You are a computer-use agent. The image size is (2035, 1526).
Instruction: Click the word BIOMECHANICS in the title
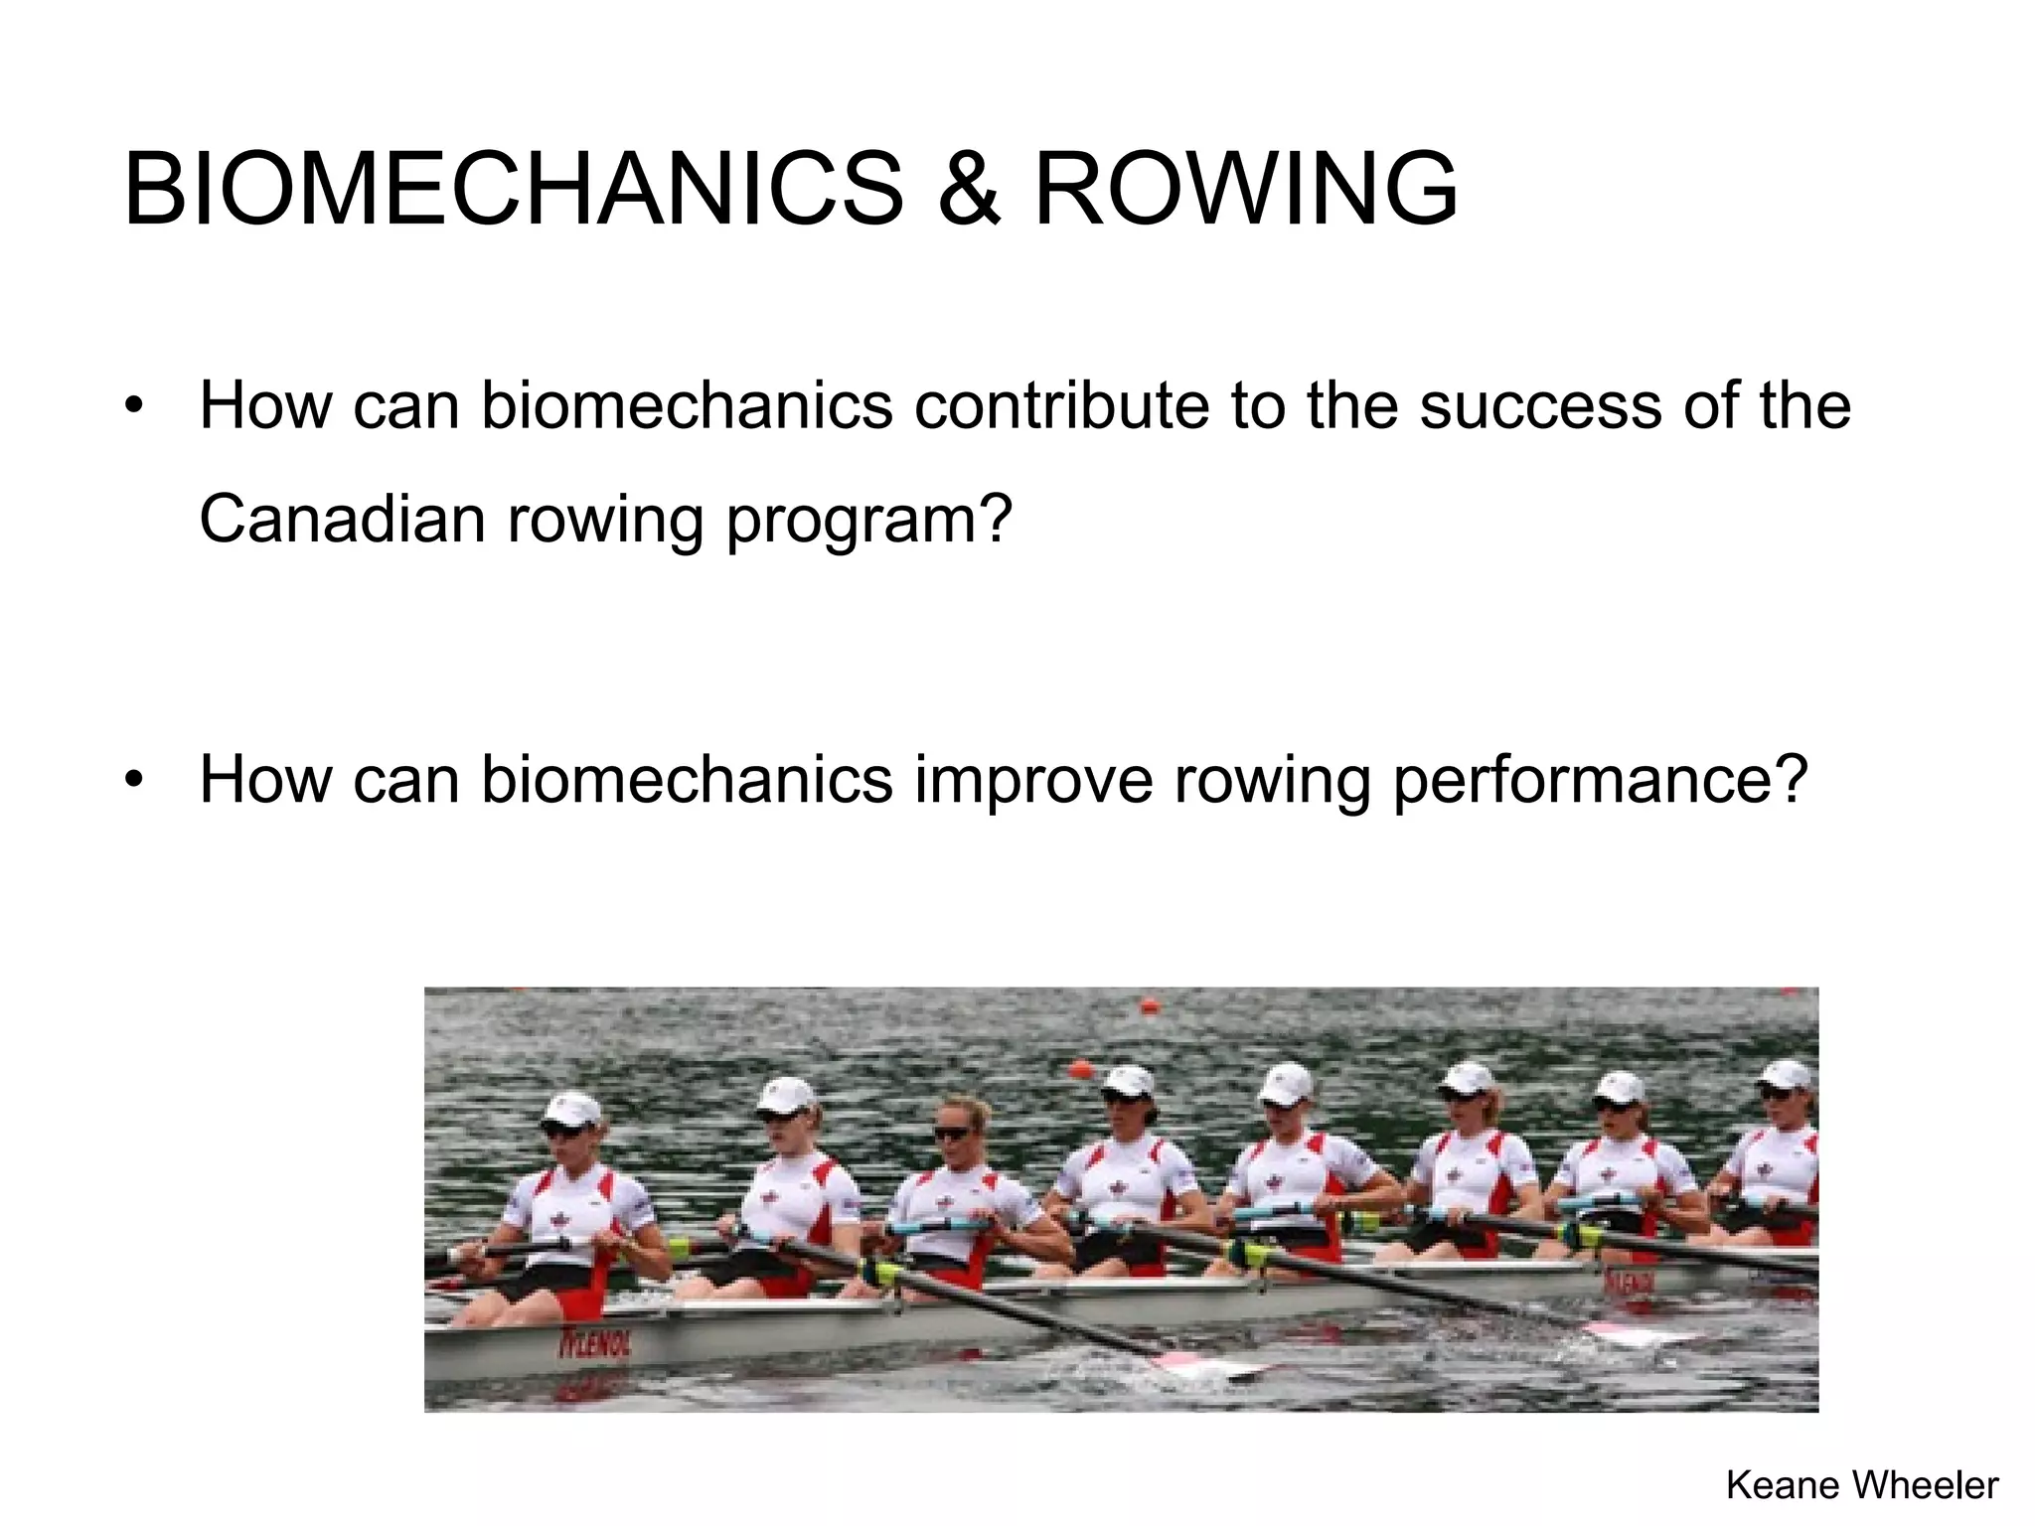click(x=513, y=189)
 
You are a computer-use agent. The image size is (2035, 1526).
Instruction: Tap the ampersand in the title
click(x=968, y=189)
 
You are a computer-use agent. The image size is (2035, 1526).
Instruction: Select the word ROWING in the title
click(x=1246, y=189)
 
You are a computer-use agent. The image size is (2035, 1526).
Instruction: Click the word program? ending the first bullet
click(x=868, y=521)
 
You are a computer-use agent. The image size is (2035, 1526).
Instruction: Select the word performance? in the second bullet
click(x=1599, y=781)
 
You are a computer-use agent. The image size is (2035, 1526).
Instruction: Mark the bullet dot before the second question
click(x=135, y=779)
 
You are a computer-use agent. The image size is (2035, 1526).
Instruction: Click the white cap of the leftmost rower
click(x=574, y=1109)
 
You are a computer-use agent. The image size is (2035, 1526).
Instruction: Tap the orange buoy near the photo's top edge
click(x=1150, y=1006)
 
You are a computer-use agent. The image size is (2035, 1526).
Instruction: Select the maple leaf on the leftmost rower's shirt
click(x=559, y=1218)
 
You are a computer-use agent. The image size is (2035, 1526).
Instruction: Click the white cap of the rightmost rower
click(x=1786, y=1074)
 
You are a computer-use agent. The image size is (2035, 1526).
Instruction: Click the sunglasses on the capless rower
click(x=952, y=1133)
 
